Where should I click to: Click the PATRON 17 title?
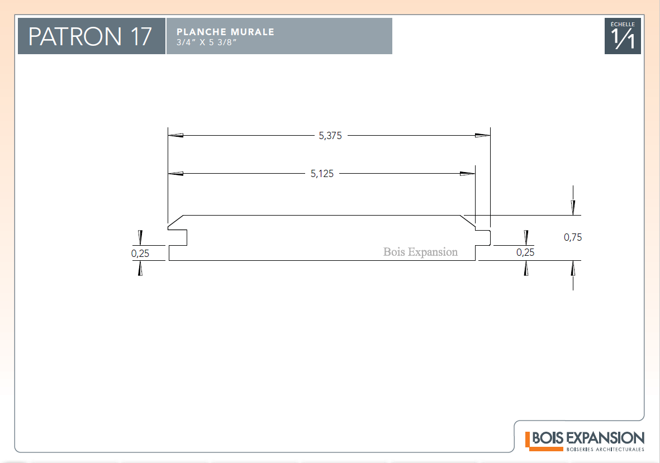89,36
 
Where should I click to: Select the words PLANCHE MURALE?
225,32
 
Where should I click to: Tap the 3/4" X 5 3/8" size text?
206,42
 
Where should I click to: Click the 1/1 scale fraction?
623,39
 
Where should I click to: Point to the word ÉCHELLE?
623,25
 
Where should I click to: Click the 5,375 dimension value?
330,136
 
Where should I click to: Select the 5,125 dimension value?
322,174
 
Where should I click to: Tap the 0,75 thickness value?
573,237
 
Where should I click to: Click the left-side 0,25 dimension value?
140,254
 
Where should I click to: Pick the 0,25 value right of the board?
525,252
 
